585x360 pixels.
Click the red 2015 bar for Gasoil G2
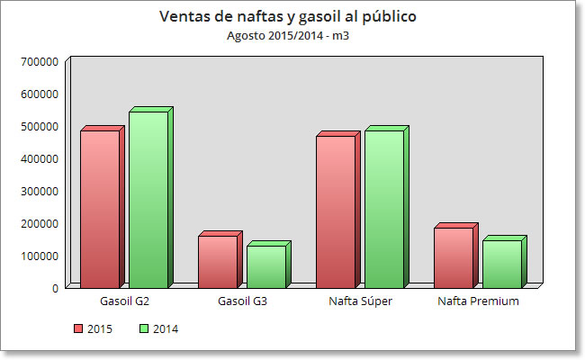point(100,209)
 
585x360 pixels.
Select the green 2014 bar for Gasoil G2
point(148,199)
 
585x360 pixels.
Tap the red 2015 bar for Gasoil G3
point(218,261)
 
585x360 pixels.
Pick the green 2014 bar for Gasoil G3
point(266,266)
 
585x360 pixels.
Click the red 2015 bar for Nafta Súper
point(336,211)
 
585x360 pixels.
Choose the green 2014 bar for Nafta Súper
point(384,209)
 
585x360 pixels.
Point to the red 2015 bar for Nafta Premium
point(454,257)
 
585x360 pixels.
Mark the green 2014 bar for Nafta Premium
point(502,264)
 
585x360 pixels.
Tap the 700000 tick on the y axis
point(40,61)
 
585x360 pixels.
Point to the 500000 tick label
point(40,126)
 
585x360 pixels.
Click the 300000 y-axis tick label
point(40,191)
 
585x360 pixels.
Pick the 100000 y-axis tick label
point(40,256)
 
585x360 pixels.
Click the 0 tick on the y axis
point(55,288)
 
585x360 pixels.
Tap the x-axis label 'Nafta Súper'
point(360,301)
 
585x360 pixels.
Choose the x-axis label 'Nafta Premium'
point(478,301)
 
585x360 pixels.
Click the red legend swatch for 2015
point(78,329)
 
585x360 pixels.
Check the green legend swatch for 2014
point(144,329)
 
